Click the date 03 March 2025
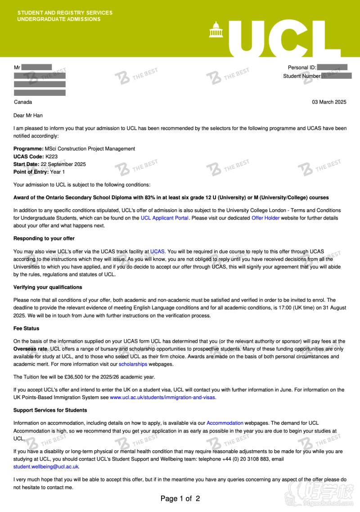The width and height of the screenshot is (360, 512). tap(329, 102)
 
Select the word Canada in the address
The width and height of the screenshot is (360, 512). tap(22, 102)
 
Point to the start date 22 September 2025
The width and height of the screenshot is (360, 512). tap(63, 164)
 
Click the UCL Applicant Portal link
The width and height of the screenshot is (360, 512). tap(164, 218)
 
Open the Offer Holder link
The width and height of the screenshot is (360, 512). tap(265, 218)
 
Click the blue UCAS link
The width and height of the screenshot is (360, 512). tap(157, 252)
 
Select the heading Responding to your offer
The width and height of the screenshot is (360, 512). tap(44, 238)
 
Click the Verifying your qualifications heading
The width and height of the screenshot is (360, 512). tap(48, 287)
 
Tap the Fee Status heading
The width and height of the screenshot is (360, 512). tap(26, 328)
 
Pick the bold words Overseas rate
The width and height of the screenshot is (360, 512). tap(30, 349)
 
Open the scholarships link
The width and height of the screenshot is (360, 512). tap(133, 364)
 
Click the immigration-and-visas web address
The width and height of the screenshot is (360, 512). tap(163, 398)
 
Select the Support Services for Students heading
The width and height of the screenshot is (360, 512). tap(50, 410)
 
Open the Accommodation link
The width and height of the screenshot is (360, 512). tap(225, 423)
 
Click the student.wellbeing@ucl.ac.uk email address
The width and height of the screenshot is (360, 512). tap(46, 467)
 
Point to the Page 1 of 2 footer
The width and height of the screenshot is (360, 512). tap(180, 499)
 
